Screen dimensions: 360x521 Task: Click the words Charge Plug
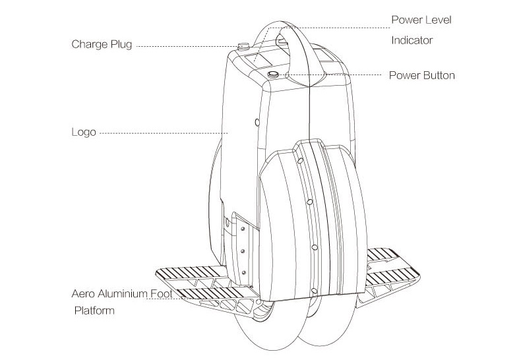102,45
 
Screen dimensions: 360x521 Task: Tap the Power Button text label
421,75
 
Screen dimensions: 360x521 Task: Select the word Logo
84,132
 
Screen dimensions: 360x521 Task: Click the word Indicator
412,40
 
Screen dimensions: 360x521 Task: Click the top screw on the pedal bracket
243,228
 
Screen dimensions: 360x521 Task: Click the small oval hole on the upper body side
257,122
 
